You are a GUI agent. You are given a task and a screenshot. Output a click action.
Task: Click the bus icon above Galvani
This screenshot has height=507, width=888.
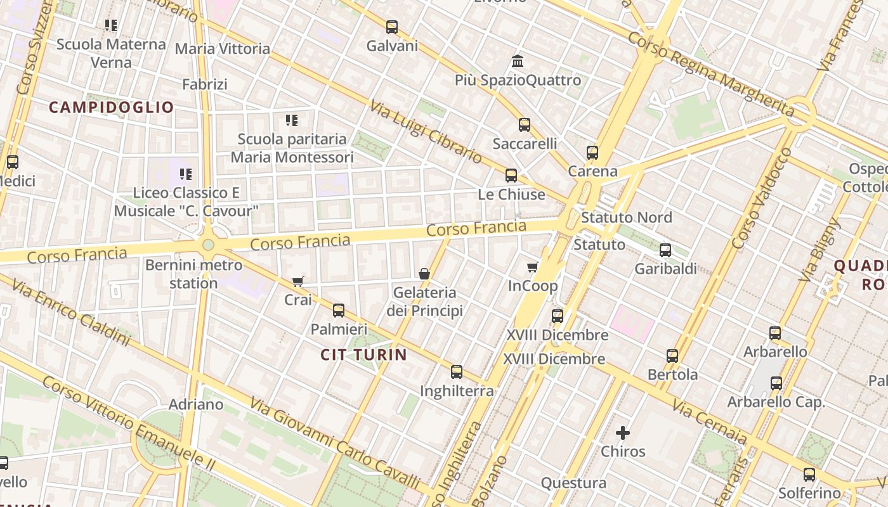(x=392, y=27)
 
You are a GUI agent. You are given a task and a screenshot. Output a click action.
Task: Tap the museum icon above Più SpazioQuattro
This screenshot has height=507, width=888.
(x=518, y=61)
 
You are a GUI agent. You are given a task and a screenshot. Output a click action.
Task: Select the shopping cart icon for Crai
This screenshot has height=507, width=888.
(x=297, y=281)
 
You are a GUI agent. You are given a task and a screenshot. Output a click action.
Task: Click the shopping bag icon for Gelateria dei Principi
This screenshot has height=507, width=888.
(x=424, y=274)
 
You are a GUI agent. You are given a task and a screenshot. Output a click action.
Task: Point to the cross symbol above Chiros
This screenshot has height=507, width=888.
(x=623, y=433)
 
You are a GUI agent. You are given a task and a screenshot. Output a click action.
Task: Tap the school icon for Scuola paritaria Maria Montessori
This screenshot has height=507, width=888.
(x=292, y=120)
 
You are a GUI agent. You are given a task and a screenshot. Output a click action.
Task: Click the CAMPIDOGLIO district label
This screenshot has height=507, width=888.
(x=111, y=107)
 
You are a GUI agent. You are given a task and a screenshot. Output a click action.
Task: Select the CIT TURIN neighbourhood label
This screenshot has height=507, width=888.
(x=363, y=354)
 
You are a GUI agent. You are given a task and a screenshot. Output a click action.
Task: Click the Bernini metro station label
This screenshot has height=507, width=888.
(x=193, y=273)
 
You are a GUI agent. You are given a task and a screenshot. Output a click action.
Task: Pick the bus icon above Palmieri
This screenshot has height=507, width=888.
(x=339, y=310)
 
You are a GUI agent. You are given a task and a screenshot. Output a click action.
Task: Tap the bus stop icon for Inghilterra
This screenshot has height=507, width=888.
(x=457, y=372)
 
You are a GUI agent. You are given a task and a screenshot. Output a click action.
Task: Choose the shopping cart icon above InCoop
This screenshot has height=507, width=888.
(x=533, y=267)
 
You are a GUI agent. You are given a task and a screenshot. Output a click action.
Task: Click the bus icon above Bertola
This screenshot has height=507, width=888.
(x=672, y=356)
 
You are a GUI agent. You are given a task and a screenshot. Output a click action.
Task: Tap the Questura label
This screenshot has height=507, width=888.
(x=573, y=483)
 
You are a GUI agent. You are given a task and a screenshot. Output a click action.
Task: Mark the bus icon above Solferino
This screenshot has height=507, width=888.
(x=809, y=474)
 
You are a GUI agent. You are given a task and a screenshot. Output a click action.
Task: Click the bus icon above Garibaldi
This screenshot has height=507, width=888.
(x=665, y=250)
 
